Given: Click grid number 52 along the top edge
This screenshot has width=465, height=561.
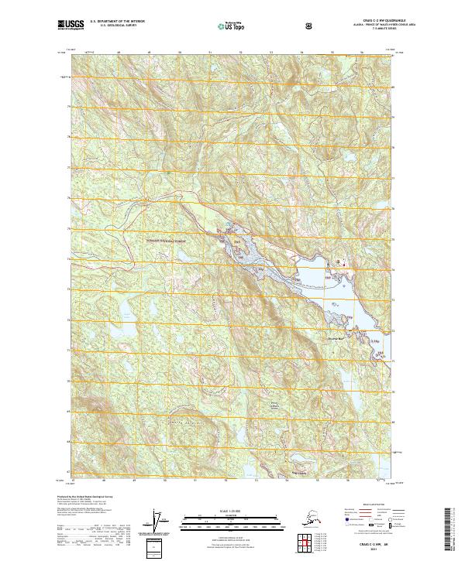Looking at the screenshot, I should (240, 53).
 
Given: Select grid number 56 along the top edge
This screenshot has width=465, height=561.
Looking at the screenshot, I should (362, 53).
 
